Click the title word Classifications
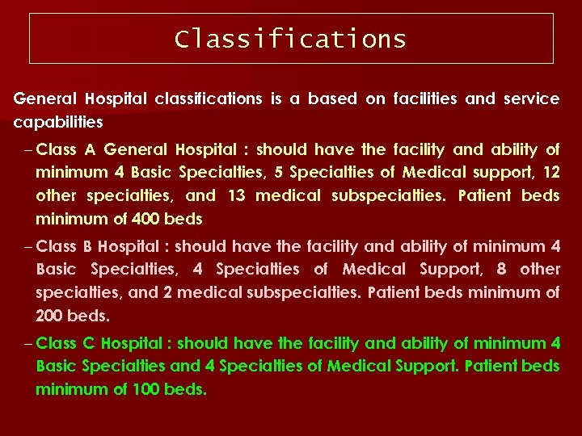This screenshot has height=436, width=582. tap(291, 39)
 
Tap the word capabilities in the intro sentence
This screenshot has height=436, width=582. tap(58, 123)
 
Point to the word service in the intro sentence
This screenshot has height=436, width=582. tap(531, 99)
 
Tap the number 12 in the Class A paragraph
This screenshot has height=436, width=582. tap(550, 172)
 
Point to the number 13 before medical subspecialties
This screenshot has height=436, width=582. tap(236, 195)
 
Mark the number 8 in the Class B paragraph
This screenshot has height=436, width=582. tap(501, 269)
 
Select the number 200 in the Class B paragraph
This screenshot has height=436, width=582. tap(50, 316)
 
